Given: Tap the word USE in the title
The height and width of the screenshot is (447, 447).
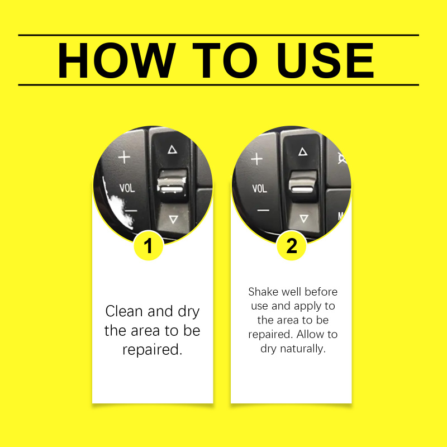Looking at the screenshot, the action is tap(325, 60).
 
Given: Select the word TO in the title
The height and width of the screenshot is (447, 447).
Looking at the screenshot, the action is tap(225, 60).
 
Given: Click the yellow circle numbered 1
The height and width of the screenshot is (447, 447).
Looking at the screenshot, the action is tap(148, 245).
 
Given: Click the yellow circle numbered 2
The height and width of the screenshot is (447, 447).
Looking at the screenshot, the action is tap(291, 245).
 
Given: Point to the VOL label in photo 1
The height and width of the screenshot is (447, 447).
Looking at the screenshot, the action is tap(127, 188).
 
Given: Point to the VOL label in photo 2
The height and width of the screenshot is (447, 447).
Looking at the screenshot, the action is tap(259, 188).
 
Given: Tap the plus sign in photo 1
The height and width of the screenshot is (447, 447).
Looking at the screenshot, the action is tap(124, 157).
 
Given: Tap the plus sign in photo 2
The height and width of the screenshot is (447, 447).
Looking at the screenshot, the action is tap(256, 159).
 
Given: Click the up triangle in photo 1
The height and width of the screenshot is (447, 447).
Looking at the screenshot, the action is tap(172, 149).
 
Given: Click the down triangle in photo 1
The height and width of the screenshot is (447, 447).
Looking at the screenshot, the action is tap(173, 219).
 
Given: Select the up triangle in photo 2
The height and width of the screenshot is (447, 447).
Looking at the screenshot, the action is tap(303, 151).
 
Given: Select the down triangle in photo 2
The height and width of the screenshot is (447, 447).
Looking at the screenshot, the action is tap(304, 218).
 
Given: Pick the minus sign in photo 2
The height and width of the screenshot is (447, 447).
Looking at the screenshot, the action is tap(263, 211).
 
